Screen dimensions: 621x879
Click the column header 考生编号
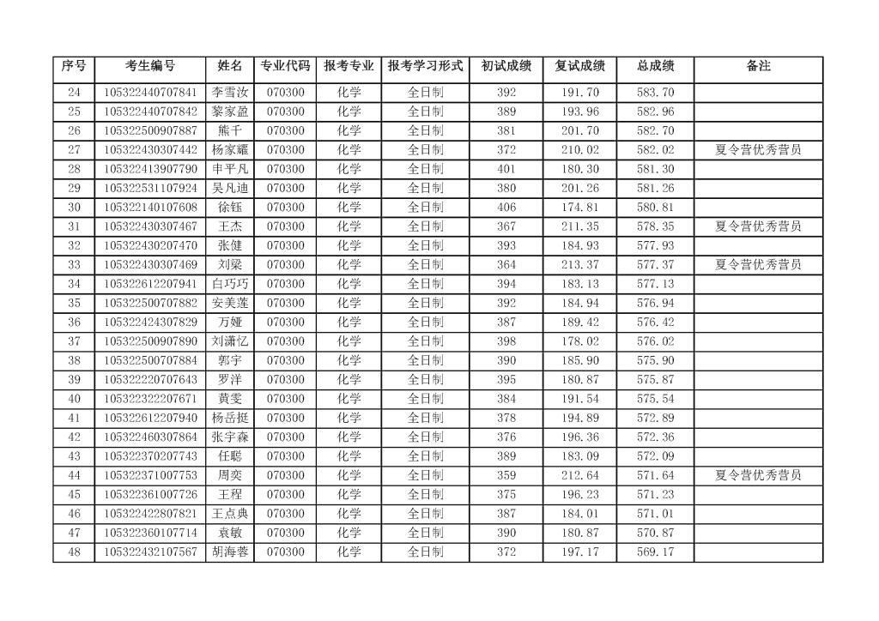[150, 66]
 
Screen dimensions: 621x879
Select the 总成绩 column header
[655, 66]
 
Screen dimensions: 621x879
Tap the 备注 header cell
[758, 66]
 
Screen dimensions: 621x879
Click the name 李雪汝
[230, 93]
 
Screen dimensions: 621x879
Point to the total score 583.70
[655, 93]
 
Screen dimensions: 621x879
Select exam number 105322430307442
[150, 149]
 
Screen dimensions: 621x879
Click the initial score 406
[506, 207]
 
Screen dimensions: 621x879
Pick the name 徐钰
[230, 207]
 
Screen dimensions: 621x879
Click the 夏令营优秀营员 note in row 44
[758, 475]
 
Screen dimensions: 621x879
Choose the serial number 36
[74, 323]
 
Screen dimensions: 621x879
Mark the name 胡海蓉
[230, 552]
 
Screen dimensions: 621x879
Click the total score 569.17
[655, 552]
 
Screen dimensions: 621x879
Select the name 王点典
[230, 514]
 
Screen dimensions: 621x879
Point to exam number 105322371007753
[150, 475]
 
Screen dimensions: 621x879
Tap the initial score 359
[506, 475]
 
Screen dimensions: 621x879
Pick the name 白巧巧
[230, 284]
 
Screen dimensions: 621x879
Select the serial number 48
[74, 552]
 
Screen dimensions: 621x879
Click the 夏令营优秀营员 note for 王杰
[758, 226]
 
